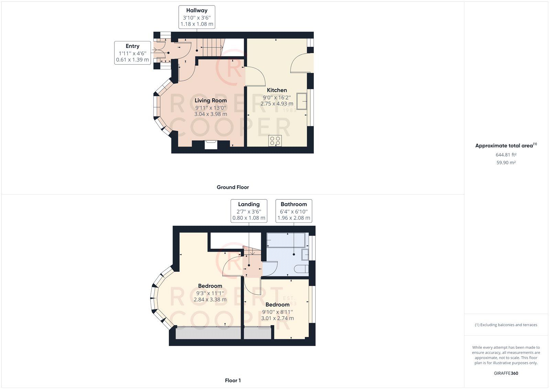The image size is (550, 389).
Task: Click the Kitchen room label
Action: (277, 90)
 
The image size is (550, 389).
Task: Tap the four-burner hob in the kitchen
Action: (275, 141)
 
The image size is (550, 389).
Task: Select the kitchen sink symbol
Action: (302, 101)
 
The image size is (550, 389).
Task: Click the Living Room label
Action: (211, 100)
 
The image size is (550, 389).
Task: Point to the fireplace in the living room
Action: (211, 144)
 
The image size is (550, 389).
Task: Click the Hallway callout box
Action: (197, 17)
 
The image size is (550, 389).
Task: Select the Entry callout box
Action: (132, 53)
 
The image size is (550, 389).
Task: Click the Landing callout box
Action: (249, 211)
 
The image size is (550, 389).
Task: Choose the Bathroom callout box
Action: (294, 211)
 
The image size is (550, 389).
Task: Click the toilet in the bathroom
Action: (302, 269)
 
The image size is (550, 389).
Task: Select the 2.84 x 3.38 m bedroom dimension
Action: (210, 300)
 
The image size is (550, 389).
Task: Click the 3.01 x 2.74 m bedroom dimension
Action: (277, 318)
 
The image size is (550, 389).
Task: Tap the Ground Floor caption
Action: (233, 187)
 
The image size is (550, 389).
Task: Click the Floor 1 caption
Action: (233, 380)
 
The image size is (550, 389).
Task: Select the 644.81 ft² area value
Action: (506, 155)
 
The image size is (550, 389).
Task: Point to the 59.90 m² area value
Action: (506, 163)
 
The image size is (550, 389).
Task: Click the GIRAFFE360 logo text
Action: (506, 373)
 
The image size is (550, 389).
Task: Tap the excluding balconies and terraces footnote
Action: (506, 325)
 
